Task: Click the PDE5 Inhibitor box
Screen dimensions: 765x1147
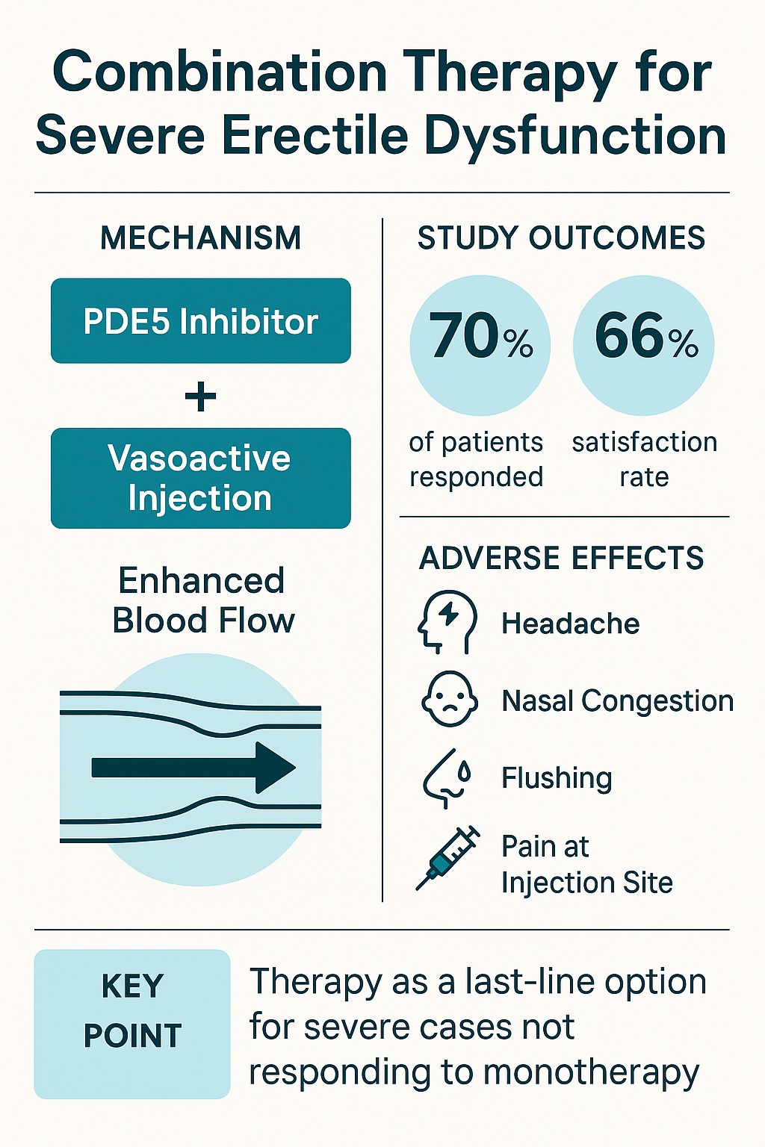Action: click(x=201, y=320)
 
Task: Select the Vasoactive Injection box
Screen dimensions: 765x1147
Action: click(x=201, y=478)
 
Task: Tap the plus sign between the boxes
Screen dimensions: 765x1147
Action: click(x=200, y=397)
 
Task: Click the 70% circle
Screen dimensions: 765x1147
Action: click(x=480, y=345)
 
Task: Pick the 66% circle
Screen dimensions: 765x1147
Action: click(x=643, y=345)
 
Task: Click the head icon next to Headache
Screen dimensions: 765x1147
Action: click(x=447, y=622)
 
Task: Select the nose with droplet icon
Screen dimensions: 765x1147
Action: click(x=447, y=778)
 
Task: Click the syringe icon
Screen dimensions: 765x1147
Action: click(x=447, y=858)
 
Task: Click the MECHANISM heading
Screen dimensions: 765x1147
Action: click(x=201, y=238)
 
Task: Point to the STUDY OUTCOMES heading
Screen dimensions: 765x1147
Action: click(x=562, y=238)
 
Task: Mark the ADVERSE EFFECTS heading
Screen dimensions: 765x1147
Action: click(x=562, y=558)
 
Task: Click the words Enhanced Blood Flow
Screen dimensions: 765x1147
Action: click(x=203, y=600)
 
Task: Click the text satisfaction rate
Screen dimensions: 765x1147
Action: click(x=645, y=459)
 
